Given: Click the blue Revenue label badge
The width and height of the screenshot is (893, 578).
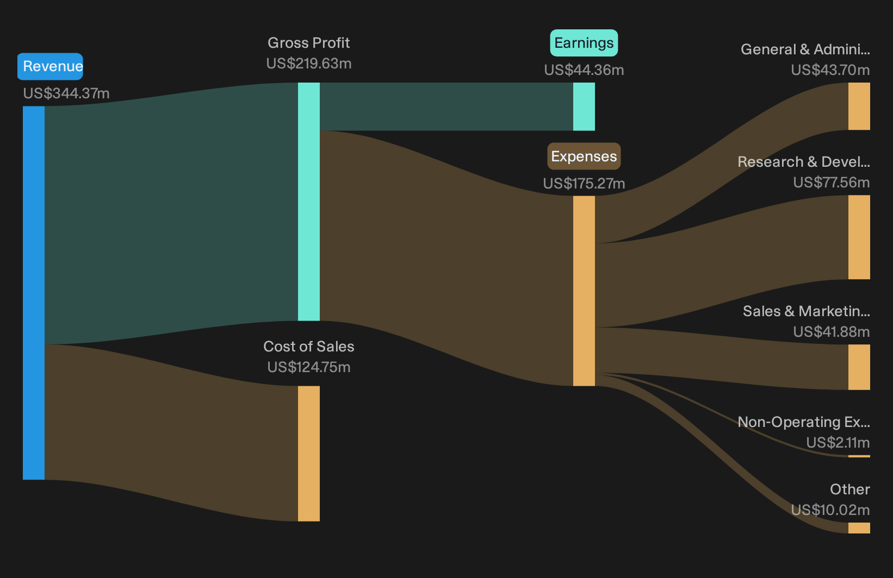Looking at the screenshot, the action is (50, 66).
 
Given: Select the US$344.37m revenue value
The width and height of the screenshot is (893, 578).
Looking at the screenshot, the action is (66, 93).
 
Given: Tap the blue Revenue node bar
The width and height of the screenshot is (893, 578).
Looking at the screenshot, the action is (34, 293).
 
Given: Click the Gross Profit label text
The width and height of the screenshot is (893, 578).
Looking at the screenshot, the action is (308, 42).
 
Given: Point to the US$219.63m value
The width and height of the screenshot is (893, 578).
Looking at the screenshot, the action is (308, 64).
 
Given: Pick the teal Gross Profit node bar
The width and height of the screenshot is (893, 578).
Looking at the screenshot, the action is (309, 202).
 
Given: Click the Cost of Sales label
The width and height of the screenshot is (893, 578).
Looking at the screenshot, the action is (308, 346).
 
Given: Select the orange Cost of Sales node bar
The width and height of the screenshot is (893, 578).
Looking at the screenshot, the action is (309, 453).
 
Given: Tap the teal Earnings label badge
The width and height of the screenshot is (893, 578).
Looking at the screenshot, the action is (584, 42).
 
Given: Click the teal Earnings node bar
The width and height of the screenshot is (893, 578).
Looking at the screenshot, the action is (584, 106).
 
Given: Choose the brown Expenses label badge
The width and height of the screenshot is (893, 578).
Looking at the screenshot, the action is (584, 156).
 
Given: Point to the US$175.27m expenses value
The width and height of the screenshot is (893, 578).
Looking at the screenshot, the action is (584, 183).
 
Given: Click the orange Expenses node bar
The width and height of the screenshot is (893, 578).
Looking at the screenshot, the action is (584, 291).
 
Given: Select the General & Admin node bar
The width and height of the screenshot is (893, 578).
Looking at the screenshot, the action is (859, 106).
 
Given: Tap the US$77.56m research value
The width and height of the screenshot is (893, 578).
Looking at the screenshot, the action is (831, 182).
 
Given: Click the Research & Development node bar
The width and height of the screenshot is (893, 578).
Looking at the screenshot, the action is (859, 237).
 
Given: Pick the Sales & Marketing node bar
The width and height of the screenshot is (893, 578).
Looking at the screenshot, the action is (859, 367).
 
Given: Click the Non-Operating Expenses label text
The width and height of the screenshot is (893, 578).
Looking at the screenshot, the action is (804, 422).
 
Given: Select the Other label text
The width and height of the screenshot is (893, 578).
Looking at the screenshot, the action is (850, 489).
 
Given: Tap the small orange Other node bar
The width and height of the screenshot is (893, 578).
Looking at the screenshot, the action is (859, 528).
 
